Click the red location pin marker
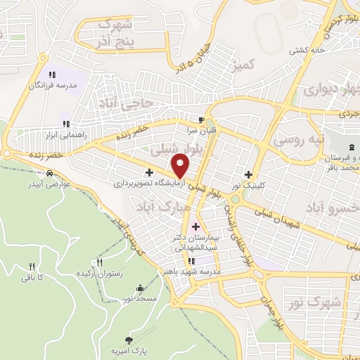point(181,165)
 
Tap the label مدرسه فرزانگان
point(53,85)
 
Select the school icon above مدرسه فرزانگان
point(52,75)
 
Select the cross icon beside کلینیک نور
point(248,174)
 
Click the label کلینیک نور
point(248,185)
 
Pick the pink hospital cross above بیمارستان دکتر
point(195,226)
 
